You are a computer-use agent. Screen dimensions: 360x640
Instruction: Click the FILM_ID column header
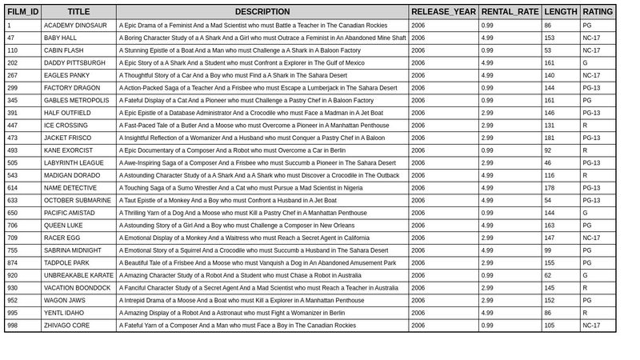[22, 12]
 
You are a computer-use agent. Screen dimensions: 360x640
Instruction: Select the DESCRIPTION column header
[262, 12]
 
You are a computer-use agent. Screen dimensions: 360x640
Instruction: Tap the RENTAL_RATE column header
[510, 12]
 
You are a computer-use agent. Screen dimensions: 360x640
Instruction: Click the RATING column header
[598, 12]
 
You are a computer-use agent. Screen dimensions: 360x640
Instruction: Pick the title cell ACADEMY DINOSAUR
[75, 26]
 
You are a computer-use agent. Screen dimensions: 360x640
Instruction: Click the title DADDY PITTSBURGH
[74, 63]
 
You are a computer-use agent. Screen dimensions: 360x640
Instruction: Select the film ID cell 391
[13, 113]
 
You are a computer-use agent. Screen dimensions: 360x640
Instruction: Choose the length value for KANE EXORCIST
[548, 150]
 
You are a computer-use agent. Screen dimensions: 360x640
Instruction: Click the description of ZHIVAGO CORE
[238, 326]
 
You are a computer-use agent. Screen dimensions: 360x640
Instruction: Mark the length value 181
[550, 138]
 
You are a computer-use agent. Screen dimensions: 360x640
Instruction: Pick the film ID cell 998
[13, 326]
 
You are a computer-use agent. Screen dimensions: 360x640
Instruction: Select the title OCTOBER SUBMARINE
[78, 201]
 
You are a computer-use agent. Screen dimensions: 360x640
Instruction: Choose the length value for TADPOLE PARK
[550, 263]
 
